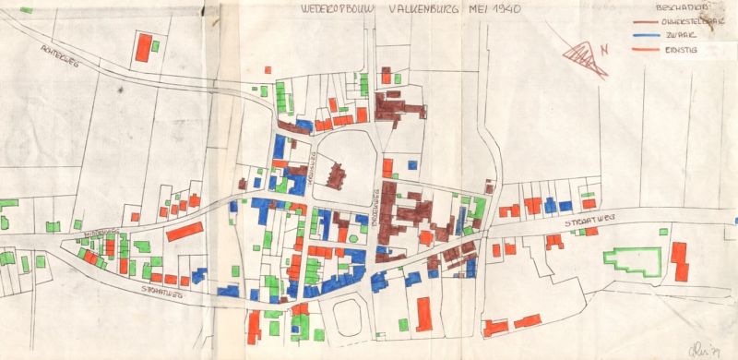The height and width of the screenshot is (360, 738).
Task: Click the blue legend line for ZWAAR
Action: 652,35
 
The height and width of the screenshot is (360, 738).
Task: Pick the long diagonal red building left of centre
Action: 183,231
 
